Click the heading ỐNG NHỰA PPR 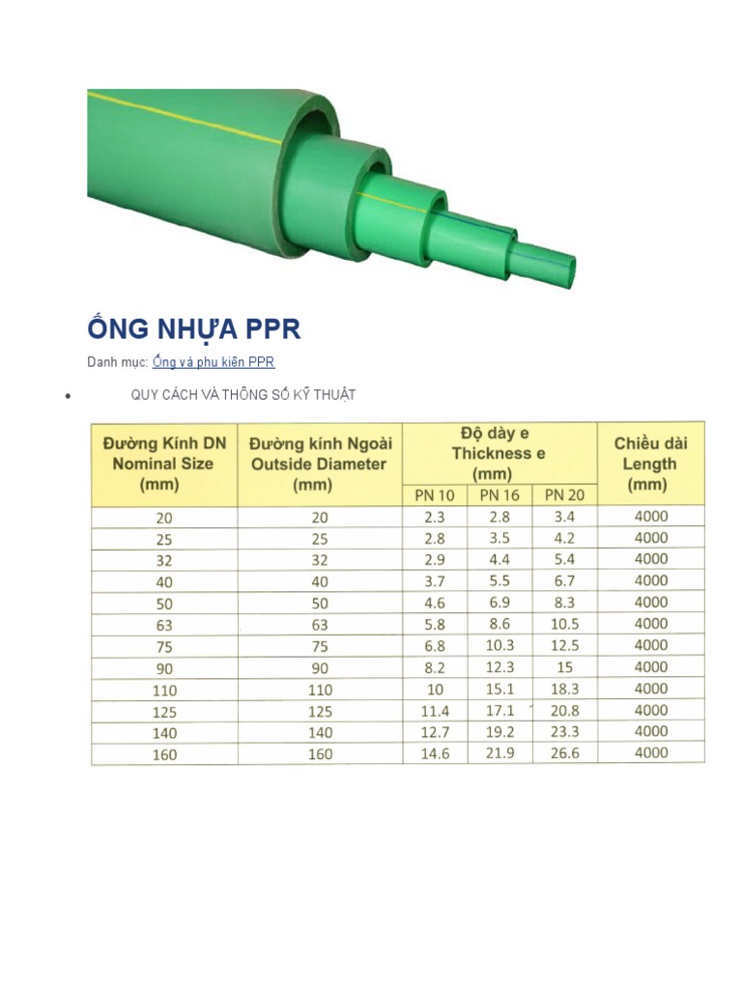[x=194, y=328]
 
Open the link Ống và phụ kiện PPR [x=214, y=362]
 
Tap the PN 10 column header [x=435, y=494]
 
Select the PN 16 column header [x=499, y=494]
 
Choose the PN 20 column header [x=564, y=494]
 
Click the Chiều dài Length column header [x=650, y=464]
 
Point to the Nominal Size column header [x=164, y=464]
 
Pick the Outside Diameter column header [x=320, y=464]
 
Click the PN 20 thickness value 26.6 [x=564, y=753]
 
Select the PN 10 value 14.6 [x=435, y=753]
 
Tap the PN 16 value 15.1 [x=499, y=689]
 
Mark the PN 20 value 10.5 [x=564, y=624]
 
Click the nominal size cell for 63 [x=164, y=625]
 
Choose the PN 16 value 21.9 [x=499, y=753]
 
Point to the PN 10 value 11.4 [x=435, y=710]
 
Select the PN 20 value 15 [x=564, y=667]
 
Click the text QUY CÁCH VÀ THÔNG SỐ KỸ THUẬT [x=243, y=394]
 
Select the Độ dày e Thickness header [x=499, y=453]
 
